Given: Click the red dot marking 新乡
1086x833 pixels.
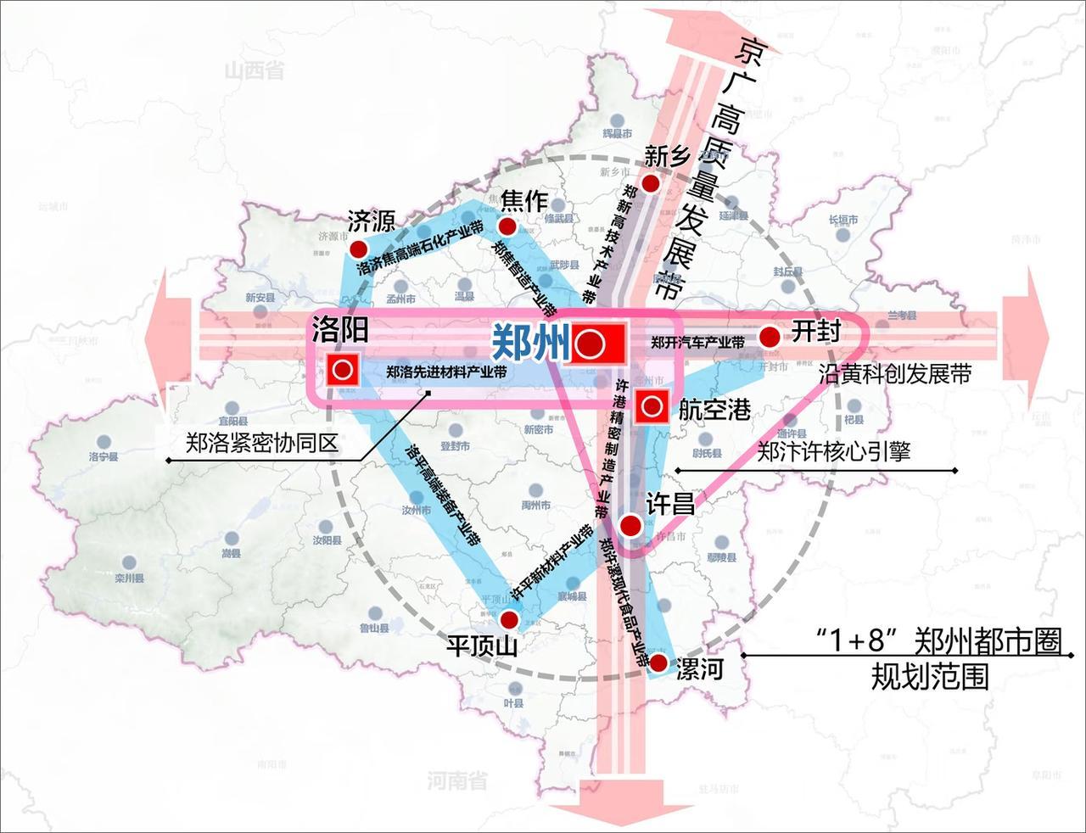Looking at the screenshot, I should (x=651, y=183).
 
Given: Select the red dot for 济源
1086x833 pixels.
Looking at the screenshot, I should (x=358, y=249).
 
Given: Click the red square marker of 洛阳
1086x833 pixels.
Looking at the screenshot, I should (x=343, y=369).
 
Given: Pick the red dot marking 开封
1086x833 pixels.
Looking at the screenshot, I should (x=770, y=337).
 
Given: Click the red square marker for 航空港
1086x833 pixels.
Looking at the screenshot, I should (x=652, y=408).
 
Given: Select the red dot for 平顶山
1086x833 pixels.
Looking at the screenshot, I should (x=508, y=618).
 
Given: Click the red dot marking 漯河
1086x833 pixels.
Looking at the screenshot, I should (x=658, y=662).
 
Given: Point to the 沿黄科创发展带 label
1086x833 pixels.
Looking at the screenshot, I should (x=894, y=373).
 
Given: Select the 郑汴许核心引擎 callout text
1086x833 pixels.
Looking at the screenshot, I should (x=833, y=451).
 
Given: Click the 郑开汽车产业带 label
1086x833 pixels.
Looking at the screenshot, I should (x=697, y=344).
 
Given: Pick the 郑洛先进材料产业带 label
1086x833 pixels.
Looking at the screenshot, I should (x=447, y=372).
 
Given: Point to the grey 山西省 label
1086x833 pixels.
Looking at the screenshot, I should (x=254, y=70).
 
